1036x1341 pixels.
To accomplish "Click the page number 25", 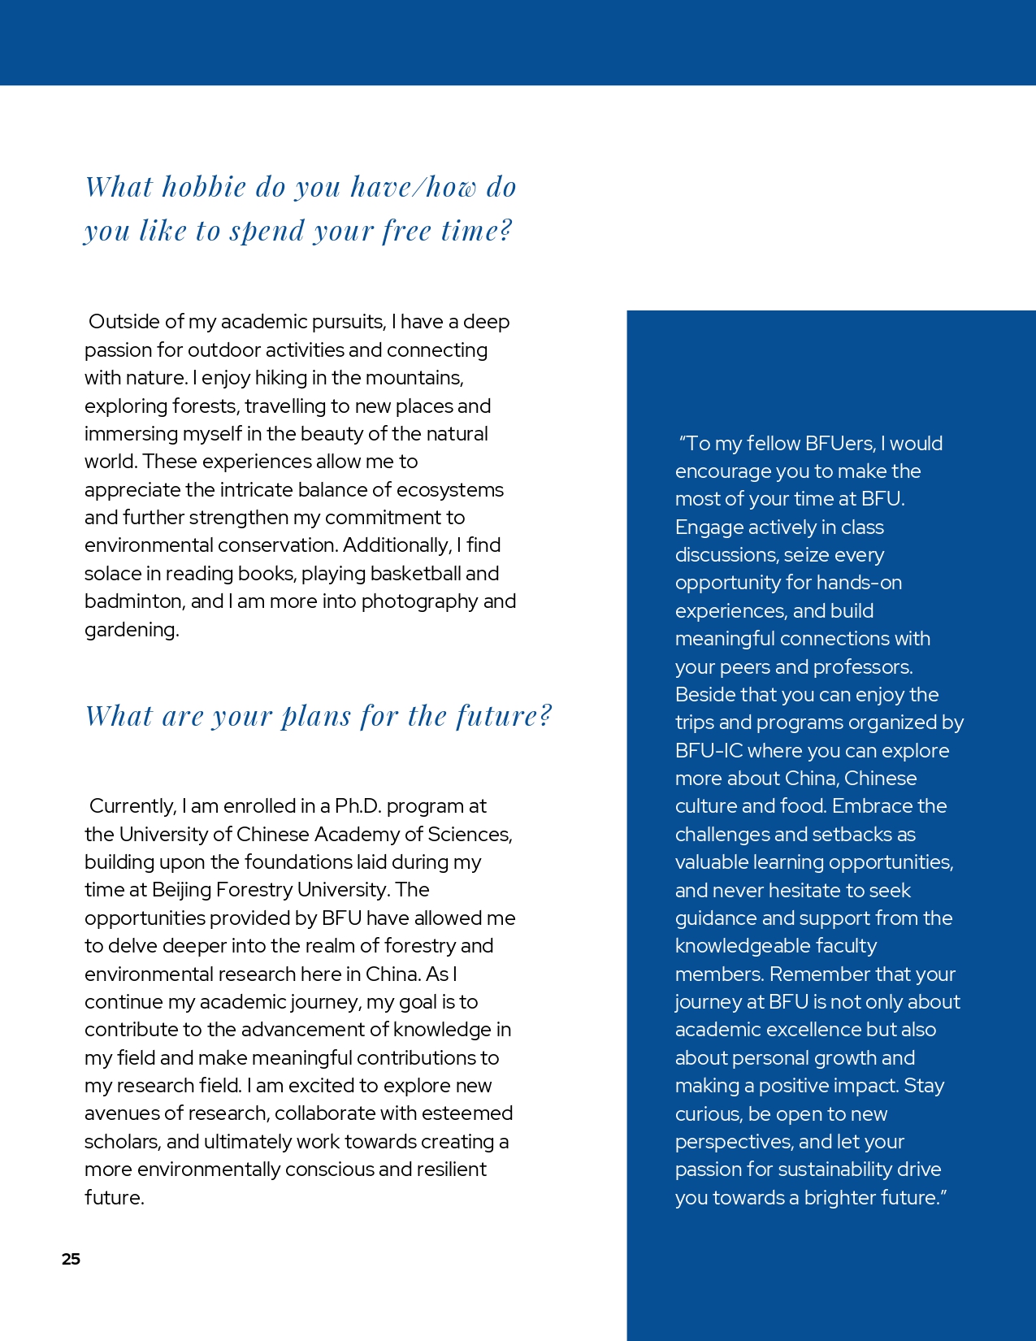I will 71,1259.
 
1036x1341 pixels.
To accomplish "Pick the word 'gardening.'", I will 132,630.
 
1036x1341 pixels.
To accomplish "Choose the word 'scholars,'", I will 123,1142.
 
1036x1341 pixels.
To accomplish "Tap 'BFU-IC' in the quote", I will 709,751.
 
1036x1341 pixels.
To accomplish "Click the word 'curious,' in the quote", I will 709,1114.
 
